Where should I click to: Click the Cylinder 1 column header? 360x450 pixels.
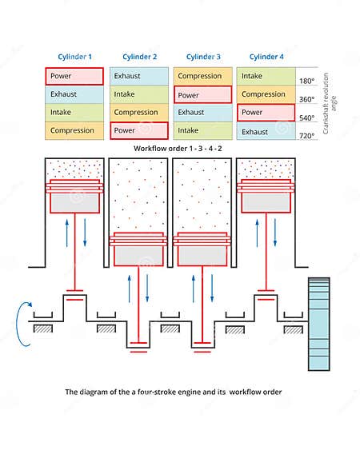click(x=74, y=57)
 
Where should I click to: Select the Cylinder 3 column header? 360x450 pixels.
click(x=203, y=57)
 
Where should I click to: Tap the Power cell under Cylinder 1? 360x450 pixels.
click(x=74, y=77)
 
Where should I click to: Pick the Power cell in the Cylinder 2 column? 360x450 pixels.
click(x=139, y=130)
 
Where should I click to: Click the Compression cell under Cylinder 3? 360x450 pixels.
click(x=203, y=77)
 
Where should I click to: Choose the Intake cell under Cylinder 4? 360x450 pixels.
click(x=266, y=77)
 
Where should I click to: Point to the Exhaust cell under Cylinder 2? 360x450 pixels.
click(x=139, y=77)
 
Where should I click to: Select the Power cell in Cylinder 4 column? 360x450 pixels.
click(x=266, y=113)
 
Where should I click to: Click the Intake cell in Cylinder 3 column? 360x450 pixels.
click(x=203, y=130)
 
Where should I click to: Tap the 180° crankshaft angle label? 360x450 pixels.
click(x=306, y=82)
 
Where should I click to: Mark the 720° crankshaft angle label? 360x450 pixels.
click(x=306, y=135)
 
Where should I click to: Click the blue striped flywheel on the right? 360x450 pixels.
click(x=318, y=323)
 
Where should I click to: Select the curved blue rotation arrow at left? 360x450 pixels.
click(x=22, y=323)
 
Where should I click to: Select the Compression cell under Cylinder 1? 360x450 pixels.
click(x=74, y=130)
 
